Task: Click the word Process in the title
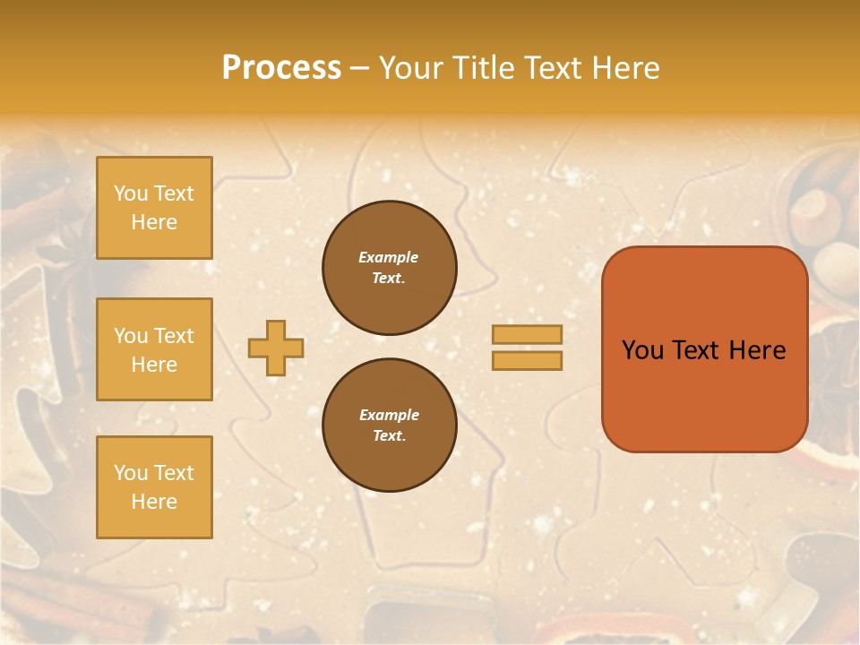[281, 68]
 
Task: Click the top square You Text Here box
[154, 208]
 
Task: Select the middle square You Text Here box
[154, 349]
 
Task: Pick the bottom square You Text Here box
[154, 487]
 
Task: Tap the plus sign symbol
[276, 348]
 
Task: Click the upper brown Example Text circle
[390, 268]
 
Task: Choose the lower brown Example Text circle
[390, 426]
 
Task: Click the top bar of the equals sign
[527, 334]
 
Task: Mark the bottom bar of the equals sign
[527, 361]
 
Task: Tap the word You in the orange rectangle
[643, 350]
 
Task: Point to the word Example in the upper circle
[388, 257]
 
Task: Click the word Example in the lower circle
[389, 415]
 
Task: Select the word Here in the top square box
[154, 222]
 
